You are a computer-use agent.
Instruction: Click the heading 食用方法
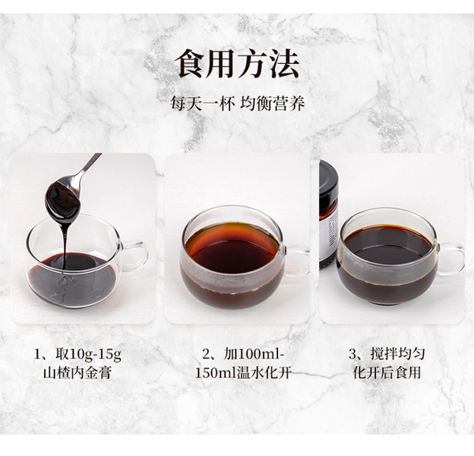pos(237,64)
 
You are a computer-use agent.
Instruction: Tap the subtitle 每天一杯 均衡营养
pos(237,104)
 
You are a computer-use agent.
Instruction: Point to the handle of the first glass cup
pos(137,255)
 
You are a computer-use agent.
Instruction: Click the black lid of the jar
pos(328,179)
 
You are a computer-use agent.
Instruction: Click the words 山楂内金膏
pos(77,373)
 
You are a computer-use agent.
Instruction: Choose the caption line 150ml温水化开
pos(243,373)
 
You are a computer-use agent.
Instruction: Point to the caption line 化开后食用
pos(387,373)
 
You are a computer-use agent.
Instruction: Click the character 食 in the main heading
pos(191,64)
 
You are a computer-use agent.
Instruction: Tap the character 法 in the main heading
pos(284,64)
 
